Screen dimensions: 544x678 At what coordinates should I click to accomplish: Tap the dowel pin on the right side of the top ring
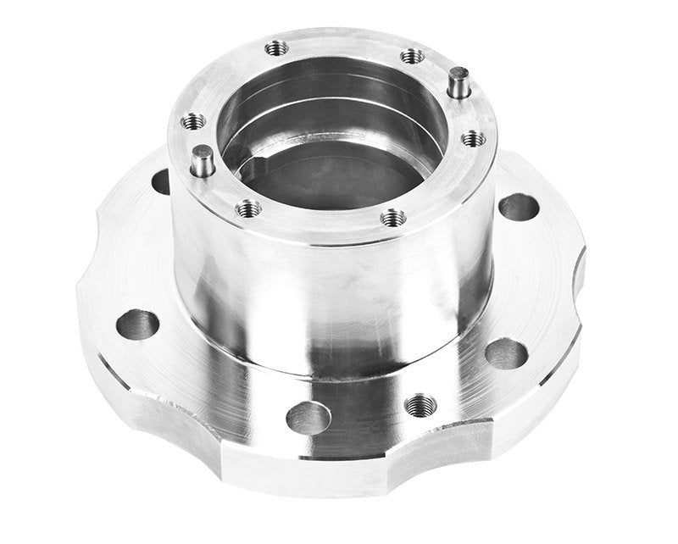458,83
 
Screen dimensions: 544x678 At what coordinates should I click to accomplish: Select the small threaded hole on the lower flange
418,405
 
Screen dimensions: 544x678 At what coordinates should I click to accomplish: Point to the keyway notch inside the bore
254,162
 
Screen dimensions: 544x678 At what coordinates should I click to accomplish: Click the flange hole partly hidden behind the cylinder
161,180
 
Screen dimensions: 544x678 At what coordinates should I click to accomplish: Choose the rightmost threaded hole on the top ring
473,137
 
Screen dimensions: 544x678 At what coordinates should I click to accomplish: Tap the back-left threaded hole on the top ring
276,48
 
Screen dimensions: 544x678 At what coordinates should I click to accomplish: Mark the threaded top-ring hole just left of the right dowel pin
412,56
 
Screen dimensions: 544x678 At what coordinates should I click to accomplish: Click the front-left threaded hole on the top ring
247,207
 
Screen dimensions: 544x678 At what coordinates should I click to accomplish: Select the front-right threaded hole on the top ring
392,218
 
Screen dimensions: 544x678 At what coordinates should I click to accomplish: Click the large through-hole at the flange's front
308,417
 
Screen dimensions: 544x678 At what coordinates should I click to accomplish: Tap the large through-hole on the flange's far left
137,324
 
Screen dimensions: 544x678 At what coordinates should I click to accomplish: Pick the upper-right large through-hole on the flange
519,207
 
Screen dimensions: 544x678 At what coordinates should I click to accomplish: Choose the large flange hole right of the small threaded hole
506,354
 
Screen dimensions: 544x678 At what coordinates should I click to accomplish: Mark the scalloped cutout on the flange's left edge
89,254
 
